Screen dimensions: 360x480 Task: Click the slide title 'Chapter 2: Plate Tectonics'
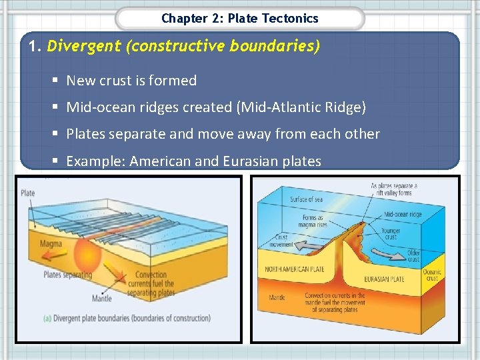coord(240,19)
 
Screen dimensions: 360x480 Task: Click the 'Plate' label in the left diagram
coord(27,193)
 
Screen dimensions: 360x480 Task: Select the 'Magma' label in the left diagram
coord(50,244)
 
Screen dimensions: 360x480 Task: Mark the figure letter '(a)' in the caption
coord(47,318)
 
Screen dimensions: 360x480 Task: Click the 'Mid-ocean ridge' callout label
coord(403,215)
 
